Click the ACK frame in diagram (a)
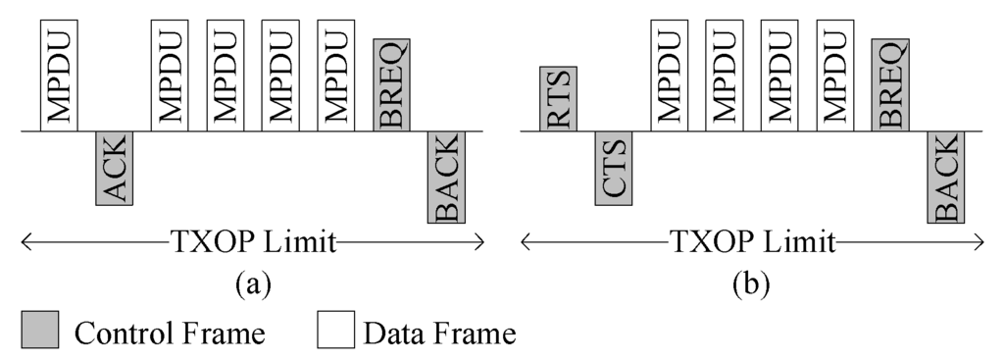[114, 168]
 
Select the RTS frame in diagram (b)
[558, 98]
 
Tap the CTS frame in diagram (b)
[614, 168]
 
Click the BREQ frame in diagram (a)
[391, 84]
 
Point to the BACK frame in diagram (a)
[446, 177]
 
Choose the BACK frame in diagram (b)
[946, 177]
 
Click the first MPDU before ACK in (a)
[59, 75]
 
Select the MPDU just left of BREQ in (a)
[335, 75]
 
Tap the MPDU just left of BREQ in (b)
[835, 75]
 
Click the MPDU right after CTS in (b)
[670, 75]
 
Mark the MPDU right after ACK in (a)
[169, 75]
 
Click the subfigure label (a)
[252, 284]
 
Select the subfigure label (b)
[752, 284]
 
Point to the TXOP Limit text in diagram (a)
[252, 241]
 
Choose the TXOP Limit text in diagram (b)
[752, 241]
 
